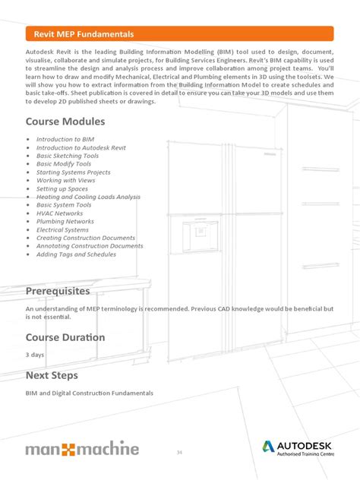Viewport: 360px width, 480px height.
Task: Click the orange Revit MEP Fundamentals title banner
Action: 179,34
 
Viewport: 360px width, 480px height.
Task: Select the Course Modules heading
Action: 65,122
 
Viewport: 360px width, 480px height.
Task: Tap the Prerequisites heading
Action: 58,291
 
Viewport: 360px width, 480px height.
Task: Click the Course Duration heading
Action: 65,337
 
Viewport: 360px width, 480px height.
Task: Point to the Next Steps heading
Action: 53,375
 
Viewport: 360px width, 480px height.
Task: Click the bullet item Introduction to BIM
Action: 65,140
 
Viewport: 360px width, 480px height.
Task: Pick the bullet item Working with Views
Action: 66,181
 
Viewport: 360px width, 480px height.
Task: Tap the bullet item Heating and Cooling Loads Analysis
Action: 88,197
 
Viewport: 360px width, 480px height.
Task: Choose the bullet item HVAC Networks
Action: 60,213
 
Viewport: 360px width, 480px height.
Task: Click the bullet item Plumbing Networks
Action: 65,222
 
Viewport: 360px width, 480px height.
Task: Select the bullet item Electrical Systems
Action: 63,230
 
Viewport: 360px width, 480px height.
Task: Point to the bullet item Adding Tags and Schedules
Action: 76,254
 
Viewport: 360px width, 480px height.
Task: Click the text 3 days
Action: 34,355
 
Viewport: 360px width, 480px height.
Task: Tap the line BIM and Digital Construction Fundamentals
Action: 90,393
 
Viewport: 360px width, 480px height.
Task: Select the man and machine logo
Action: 82,448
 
